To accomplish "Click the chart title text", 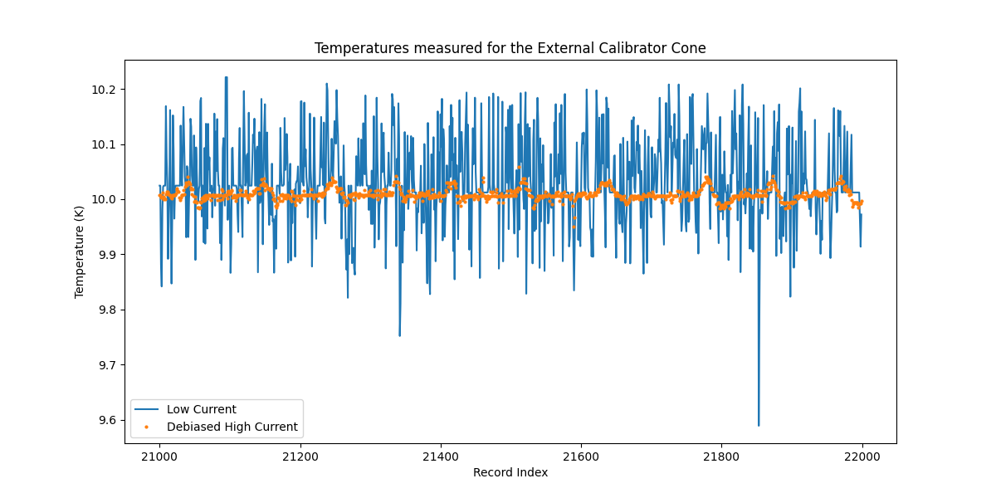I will [x=510, y=48].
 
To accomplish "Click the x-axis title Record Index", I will [x=510, y=472].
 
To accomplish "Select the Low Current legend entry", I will [x=201, y=409].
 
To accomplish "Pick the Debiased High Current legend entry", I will [x=232, y=427].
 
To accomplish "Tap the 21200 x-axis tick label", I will [x=300, y=456].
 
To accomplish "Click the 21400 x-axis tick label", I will [x=440, y=456].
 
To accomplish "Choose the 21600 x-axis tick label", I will [x=581, y=456].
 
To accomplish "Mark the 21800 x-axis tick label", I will [x=721, y=456].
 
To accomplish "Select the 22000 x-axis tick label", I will [x=862, y=456].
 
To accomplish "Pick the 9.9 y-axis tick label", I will [x=108, y=255].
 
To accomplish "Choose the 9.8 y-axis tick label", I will [x=108, y=310].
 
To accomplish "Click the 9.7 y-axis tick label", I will [x=108, y=365].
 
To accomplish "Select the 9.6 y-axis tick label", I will [x=108, y=420].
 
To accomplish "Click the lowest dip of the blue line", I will [x=758, y=425].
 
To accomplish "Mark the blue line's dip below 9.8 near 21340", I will [x=399, y=335].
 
